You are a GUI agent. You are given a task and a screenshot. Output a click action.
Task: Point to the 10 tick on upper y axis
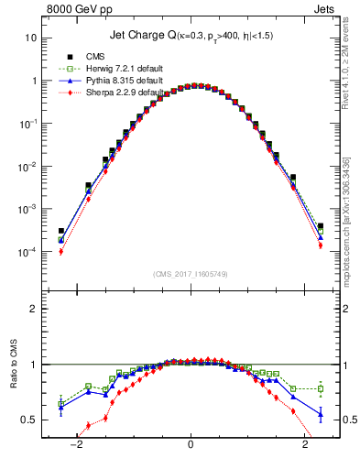[x=30, y=38]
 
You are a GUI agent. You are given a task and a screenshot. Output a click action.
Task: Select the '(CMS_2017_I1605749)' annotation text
[x=191, y=275]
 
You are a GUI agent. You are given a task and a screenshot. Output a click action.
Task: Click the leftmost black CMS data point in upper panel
[x=61, y=231]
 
